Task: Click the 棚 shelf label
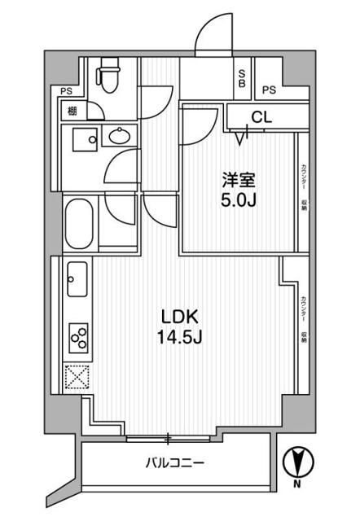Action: coord(72,111)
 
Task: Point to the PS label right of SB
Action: coord(270,90)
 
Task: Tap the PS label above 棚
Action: coord(64,91)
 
